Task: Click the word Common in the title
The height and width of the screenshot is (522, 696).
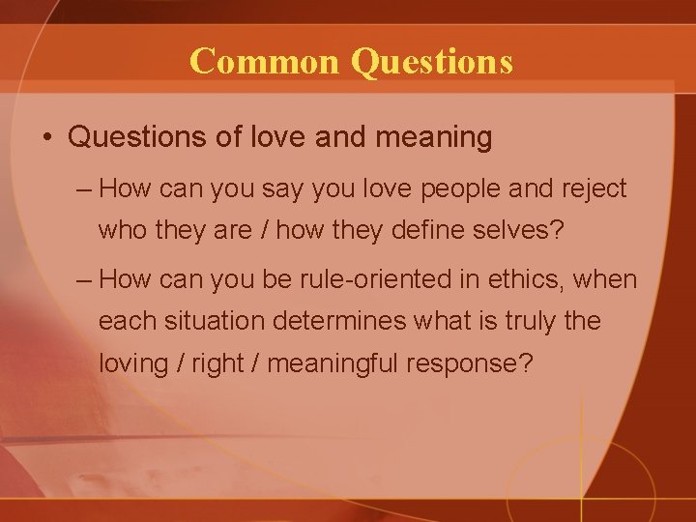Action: click(267, 61)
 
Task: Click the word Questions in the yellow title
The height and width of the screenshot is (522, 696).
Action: click(432, 61)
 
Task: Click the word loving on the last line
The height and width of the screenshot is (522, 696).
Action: click(134, 363)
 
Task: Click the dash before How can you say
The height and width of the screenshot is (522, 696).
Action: click(83, 188)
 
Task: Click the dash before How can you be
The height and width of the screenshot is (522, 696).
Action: click(83, 280)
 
